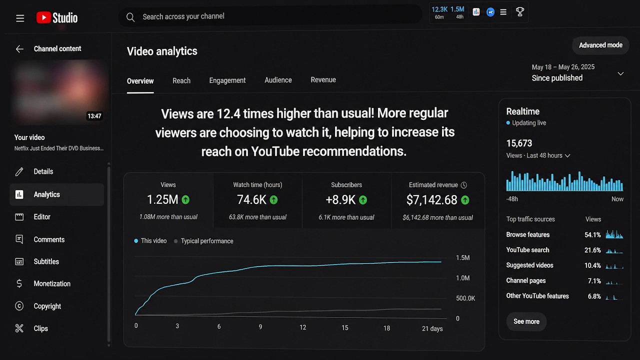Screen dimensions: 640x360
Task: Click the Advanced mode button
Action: [x=600, y=45]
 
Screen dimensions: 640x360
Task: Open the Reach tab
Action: [x=181, y=81]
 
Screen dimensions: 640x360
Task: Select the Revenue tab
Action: [x=323, y=79]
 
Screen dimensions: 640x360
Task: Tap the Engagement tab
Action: [x=227, y=80]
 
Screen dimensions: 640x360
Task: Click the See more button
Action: [x=526, y=321]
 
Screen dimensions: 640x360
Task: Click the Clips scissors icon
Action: [x=19, y=328]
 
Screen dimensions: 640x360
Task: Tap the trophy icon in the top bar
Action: [x=519, y=11]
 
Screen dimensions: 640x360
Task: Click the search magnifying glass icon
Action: [x=130, y=17]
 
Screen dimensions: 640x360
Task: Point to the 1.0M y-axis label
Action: [x=462, y=278]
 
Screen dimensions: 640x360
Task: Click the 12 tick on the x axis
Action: [x=302, y=327]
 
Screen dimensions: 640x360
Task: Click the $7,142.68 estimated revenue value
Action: [x=431, y=200]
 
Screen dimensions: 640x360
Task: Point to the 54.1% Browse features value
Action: [x=592, y=235]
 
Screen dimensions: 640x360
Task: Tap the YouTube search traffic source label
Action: [x=527, y=250]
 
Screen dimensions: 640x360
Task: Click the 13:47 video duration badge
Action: [x=94, y=116]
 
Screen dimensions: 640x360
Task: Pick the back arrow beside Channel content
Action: [x=19, y=49]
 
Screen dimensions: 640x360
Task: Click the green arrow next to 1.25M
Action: [x=185, y=199]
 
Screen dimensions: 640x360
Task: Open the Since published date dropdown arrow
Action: [x=620, y=73]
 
